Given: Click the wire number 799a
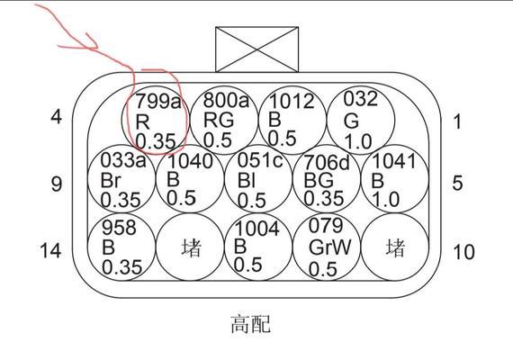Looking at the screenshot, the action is pyautogui.click(x=157, y=101).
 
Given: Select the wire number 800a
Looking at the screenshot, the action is pyautogui.click(x=226, y=100).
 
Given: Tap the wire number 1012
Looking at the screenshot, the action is pyautogui.click(x=292, y=101).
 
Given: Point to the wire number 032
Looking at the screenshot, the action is pyautogui.click(x=360, y=98).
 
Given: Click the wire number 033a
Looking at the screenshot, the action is pyautogui.click(x=123, y=160).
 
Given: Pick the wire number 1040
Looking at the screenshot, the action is pyautogui.click(x=190, y=161).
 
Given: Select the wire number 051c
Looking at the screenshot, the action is pyautogui.click(x=260, y=160).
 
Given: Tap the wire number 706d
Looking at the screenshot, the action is pyautogui.click(x=327, y=162).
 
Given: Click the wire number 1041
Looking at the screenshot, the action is pyautogui.click(x=393, y=161).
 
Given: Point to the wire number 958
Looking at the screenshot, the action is pyautogui.click(x=119, y=227).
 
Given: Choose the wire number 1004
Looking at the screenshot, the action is pyautogui.click(x=257, y=229).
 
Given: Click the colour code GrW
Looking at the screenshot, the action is pyautogui.click(x=329, y=247).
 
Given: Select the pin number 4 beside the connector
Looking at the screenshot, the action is pyautogui.click(x=57, y=116).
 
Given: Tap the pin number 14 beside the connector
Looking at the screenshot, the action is pyautogui.click(x=50, y=250).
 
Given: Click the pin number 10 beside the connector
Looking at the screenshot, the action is pyautogui.click(x=463, y=252).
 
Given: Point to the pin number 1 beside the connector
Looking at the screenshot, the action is pyautogui.click(x=457, y=121).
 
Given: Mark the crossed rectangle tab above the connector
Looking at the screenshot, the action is pyautogui.click(x=256, y=49).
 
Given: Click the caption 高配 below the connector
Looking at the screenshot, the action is pyautogui.click(x=250, y=324).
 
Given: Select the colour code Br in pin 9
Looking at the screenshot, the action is pyautogui.click(x=111, y=180).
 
